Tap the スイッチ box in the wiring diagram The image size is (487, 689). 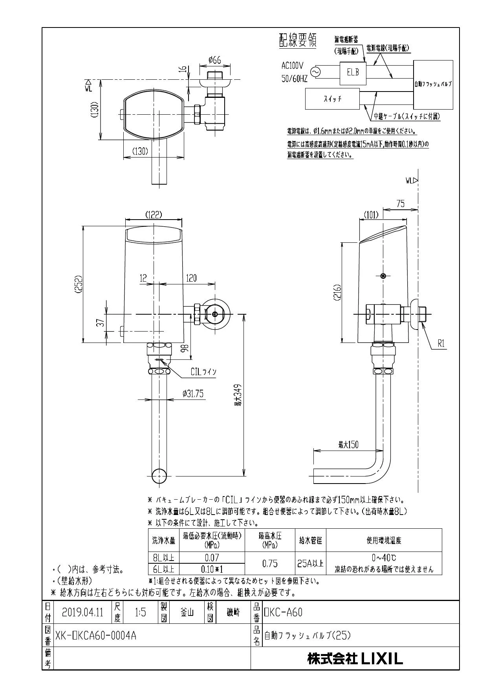coord(332,99)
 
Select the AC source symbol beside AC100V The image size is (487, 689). coord(315,72)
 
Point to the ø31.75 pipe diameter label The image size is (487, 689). coord(193,394)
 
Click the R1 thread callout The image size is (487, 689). coord(441,344)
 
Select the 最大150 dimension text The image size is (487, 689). coord(348,445)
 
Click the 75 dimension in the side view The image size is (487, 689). coord(400,203)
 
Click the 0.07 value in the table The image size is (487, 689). coord(212,557)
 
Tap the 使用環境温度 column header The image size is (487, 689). coord(384,541)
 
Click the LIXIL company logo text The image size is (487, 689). coord(381,659)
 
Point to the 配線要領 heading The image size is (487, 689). coord(297,41)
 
